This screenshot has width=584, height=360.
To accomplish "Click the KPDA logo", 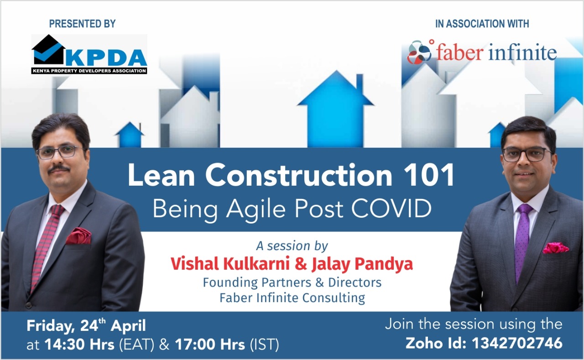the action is click(x=89, y=54).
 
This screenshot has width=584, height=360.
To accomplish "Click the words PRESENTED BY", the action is click(x=83, y=24).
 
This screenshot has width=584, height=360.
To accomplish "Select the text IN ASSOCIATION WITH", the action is click(x=482, y=24).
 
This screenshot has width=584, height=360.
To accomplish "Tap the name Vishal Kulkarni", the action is click(x=230, y=264).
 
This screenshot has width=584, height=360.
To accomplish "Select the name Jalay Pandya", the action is click(x=362, y=264).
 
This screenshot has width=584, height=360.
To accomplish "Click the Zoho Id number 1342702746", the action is click(x=517, y=343).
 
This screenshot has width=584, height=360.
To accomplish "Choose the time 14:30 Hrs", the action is click(x=79, y=344).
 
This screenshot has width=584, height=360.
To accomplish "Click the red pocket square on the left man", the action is click(x=78, y=236).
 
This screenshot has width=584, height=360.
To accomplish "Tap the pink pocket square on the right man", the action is click(x=555, y=248).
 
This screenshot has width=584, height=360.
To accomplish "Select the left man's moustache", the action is click(x=59, y=169).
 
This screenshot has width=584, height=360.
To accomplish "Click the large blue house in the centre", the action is click(x=336, y=109).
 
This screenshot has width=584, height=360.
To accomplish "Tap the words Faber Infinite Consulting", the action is click(x=292, y=297).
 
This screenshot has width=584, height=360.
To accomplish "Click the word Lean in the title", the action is click(x=161, y=175).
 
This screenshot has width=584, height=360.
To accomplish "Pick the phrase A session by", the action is click(x=292, y=246).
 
